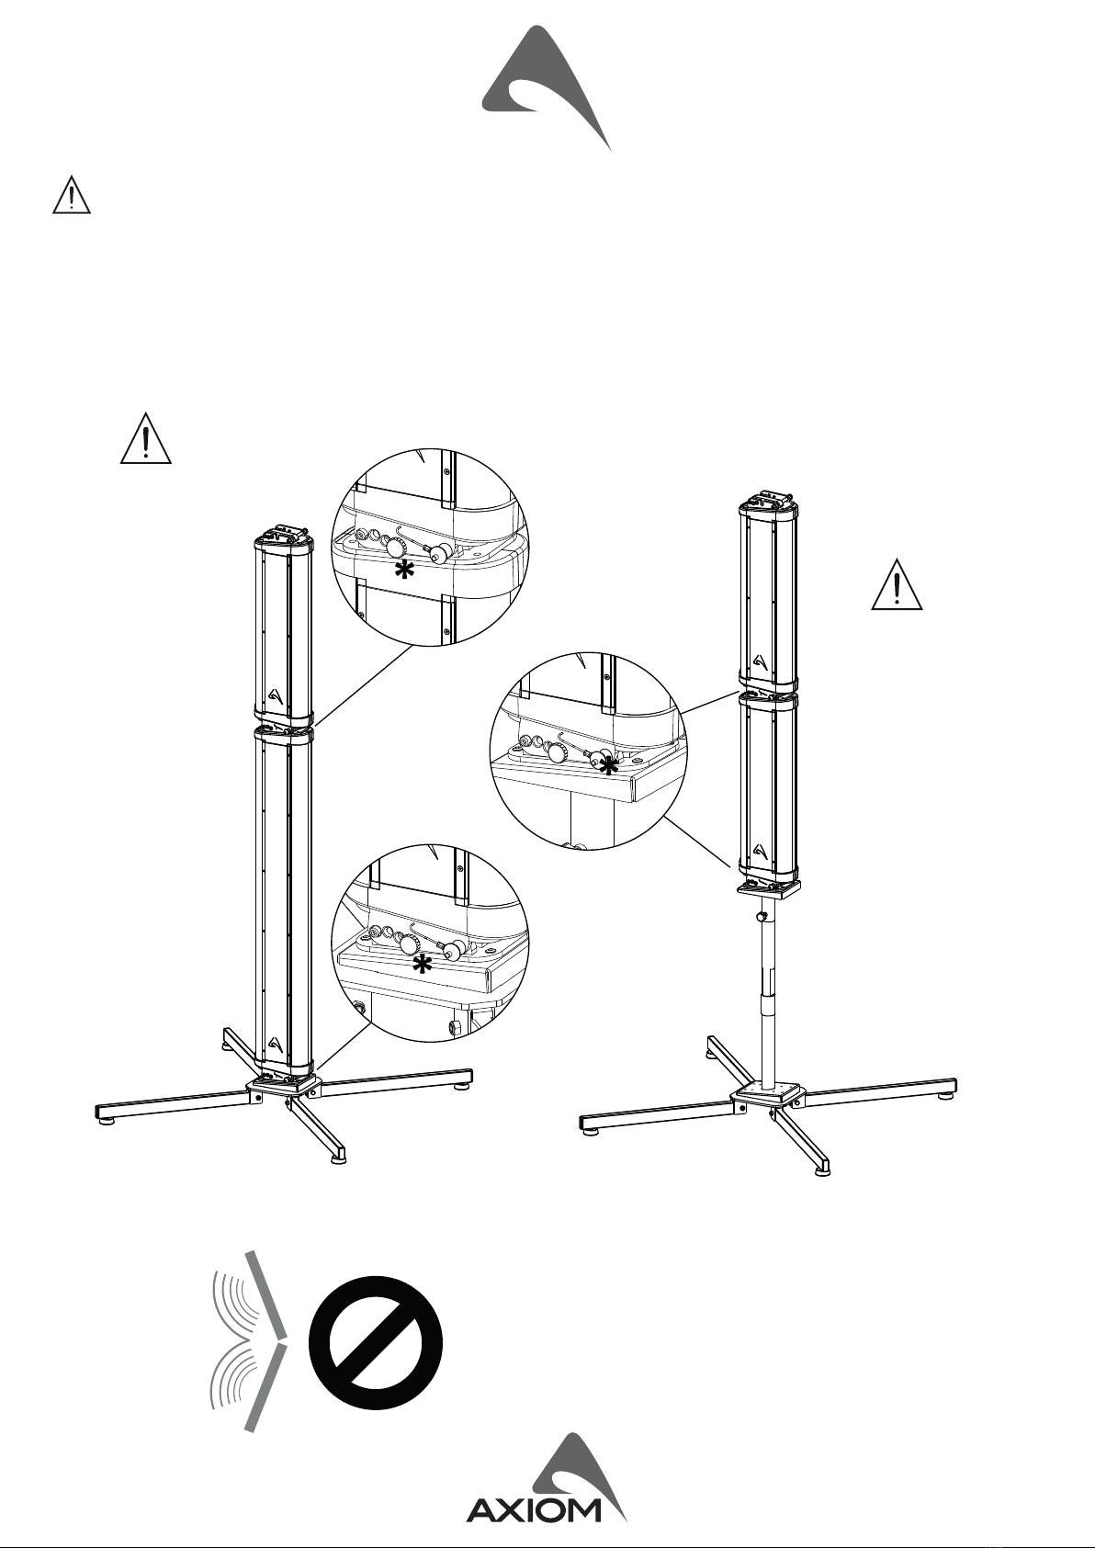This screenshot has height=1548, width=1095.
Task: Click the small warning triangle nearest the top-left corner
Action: coord(72,196)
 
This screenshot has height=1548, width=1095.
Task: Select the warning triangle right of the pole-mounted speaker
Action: coord(897,584)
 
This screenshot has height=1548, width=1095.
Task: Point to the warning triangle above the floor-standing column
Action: coord(146,438)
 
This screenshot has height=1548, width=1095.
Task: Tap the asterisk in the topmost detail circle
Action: coord(404,571)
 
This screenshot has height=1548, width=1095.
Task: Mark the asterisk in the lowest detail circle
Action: coord(423,966)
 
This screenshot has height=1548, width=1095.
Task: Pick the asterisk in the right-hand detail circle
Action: coord(609,765)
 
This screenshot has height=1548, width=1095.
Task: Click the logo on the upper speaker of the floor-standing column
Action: coord(275,695)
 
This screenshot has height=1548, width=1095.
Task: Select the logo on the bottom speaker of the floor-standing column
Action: coord(275,1044)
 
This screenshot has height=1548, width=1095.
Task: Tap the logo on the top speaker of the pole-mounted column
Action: coord(761,661)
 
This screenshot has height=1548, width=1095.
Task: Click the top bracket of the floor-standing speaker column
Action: coord(283,533)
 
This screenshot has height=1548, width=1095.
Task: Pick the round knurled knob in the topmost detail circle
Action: coord(395,549)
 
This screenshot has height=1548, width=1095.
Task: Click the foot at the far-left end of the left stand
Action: coord(105,1124)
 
